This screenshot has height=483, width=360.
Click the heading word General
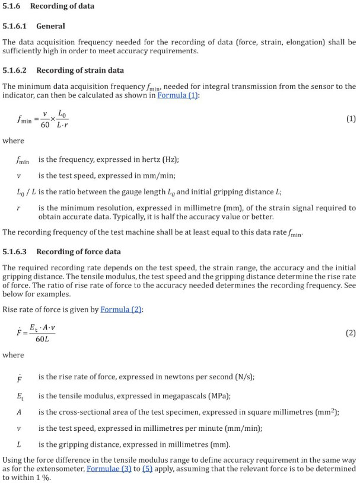coord(50,26)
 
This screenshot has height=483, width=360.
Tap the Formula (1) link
coord(179,95)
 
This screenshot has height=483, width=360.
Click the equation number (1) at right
coord(351,119)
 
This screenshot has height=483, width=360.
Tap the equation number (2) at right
coord(351,333)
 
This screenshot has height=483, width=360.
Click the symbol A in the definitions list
coord(19,412)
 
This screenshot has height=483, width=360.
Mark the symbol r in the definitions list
coord(19,208)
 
